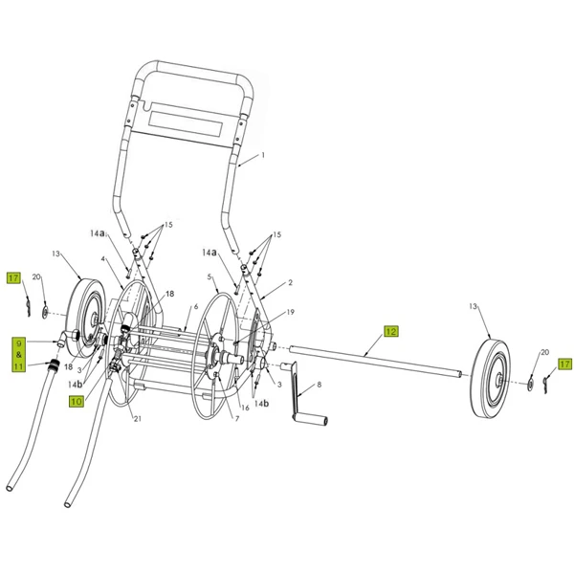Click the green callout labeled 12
point(390,332)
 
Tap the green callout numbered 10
point(76,403)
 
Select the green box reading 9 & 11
point(17,353)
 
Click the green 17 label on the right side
point(564,364)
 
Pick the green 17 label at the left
point(13,278)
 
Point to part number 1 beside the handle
point(262,155)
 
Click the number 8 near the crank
point(320,384)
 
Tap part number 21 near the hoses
point(137,418)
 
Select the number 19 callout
point(290,312)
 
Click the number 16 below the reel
point(245,407)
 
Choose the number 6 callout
point(194,306)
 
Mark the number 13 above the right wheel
point(474,306)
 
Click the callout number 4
point(102,259)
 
